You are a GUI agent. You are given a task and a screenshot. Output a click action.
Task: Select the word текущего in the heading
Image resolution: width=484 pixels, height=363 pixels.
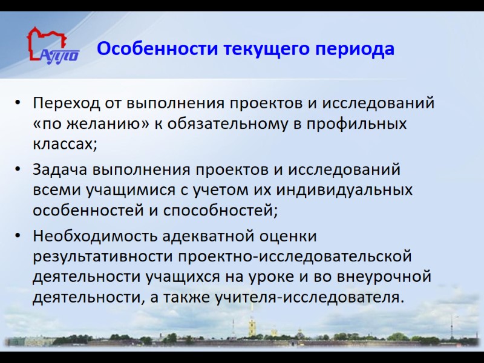coord(266,48)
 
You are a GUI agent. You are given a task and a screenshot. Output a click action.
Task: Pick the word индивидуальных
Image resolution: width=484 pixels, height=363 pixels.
coord(345,190)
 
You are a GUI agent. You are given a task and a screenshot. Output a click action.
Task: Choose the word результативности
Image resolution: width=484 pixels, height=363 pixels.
coord(103,256)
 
